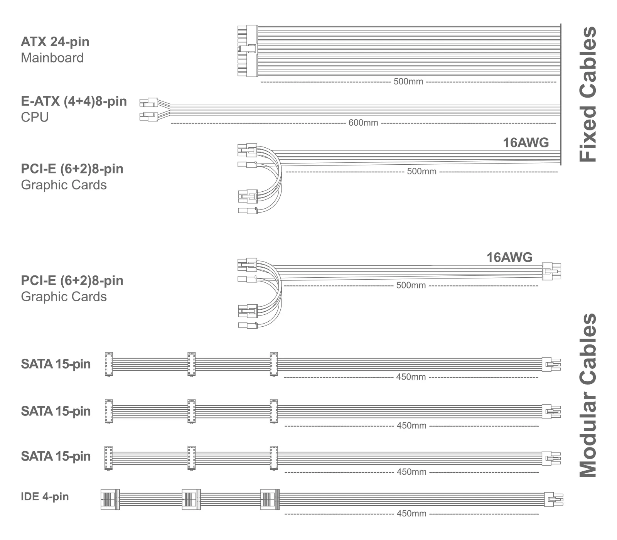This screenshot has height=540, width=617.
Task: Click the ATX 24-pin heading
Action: [x=55, y=42]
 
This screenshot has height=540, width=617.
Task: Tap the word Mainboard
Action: [x=52, y=58]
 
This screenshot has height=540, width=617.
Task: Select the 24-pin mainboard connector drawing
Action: [x=247, y=51]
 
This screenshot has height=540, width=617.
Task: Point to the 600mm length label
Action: [x=363, y=123]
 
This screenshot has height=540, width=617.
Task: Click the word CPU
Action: [x=35, y=117]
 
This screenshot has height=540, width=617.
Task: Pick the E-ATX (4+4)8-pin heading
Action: [x=74, y=101]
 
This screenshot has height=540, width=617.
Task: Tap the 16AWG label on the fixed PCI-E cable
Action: [x=526, y=143]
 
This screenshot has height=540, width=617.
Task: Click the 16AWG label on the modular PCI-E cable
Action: [x=509, y=257]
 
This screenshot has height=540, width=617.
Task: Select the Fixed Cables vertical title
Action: [x=588, y=94]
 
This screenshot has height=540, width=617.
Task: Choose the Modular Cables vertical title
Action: [x=588, y=395]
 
